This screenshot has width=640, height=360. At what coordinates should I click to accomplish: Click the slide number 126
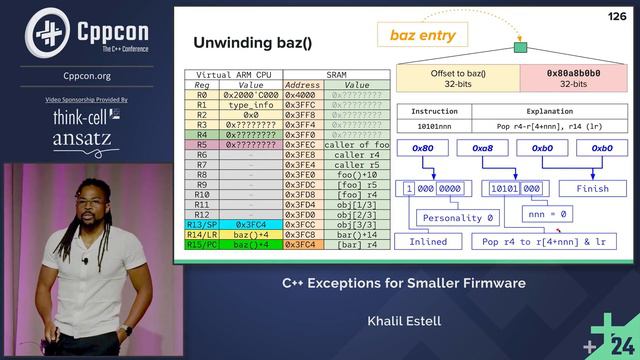(617, 16)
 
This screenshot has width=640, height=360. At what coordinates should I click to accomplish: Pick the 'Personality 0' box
(458, 216)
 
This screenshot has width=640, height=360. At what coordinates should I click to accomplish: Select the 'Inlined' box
(428, 242)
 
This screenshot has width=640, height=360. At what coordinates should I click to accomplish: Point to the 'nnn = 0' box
(547, 214)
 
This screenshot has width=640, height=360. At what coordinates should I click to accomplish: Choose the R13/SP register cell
(202, 225)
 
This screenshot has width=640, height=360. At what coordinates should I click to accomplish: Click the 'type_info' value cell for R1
(250, 105)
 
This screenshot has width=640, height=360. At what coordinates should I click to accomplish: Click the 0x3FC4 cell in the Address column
(301, 244)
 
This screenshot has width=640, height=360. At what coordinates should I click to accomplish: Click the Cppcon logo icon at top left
(41, 32)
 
